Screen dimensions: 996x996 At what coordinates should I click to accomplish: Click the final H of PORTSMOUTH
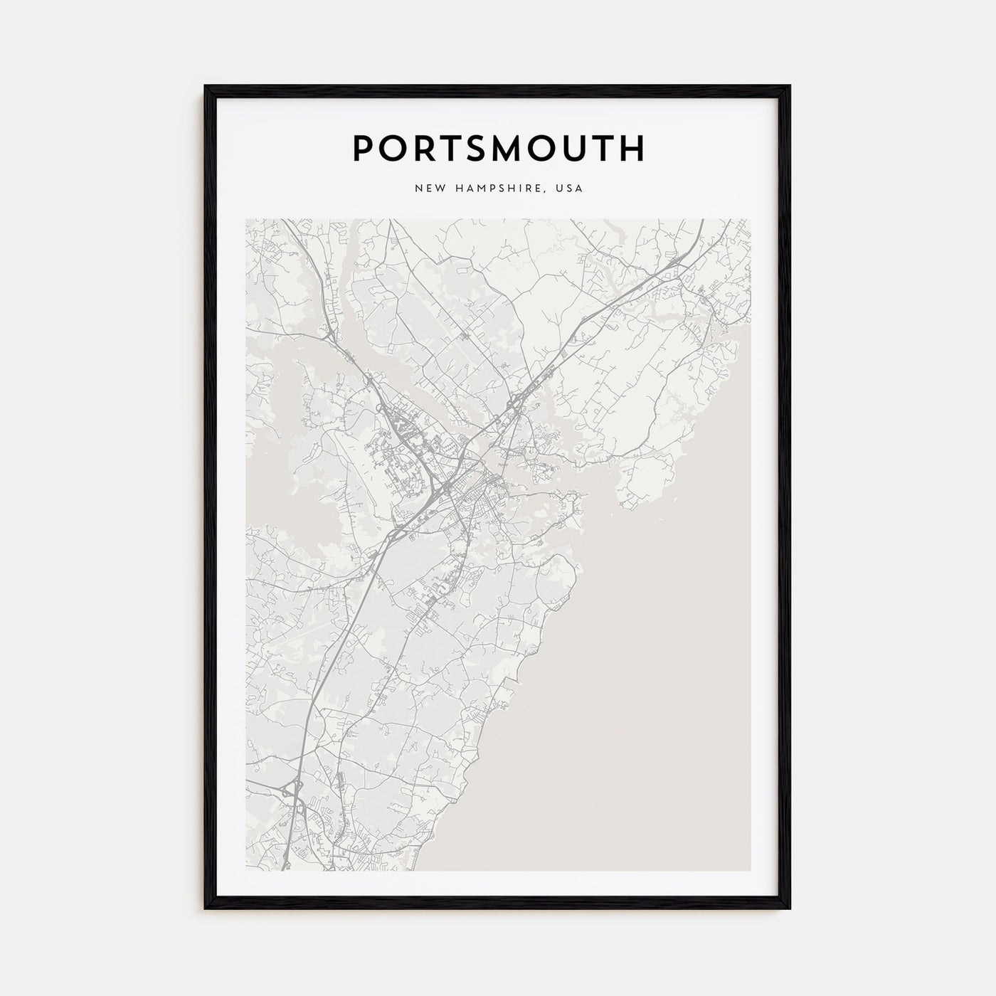click(632, 148)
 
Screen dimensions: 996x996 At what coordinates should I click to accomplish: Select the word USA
click(570, 189)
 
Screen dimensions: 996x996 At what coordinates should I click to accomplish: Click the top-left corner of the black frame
click(206, 86)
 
